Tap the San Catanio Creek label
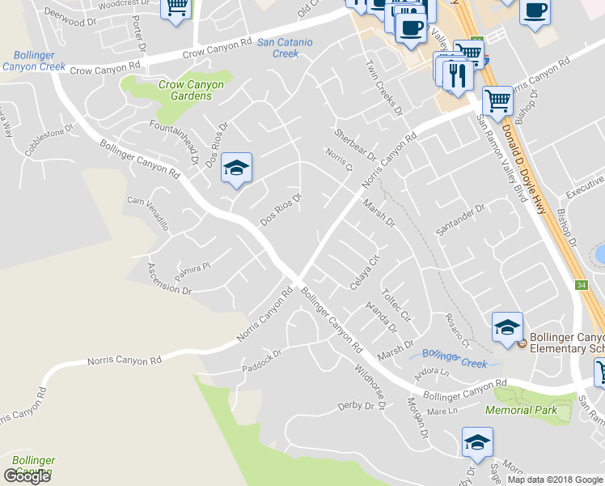click(x=278, y=47)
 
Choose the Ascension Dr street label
click(x=169, y=278)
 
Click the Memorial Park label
click(x=521, y=411)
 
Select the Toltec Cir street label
click(x=396, y=305)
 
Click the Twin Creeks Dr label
click(x=383, y=87)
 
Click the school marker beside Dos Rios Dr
click(x=236, y=168)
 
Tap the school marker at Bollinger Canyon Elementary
click(x=507, y=328)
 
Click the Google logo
click(x=27, y=476)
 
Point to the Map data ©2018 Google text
click(x=555, y=480)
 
